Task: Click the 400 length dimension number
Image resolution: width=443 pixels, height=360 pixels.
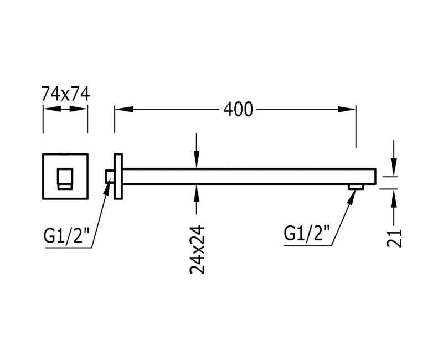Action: pos(239,110)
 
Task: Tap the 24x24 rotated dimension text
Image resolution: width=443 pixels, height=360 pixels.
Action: pos(197,249)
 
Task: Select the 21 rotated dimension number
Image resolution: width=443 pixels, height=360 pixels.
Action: pos(394,238)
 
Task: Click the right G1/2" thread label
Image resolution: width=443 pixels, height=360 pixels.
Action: pos(307,233)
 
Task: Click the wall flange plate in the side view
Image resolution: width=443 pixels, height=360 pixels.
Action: pos(118,177)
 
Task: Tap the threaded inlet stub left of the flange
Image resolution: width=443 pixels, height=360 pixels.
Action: pos(110,177)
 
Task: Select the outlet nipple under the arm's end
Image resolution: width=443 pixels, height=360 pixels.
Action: pos(356,187)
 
